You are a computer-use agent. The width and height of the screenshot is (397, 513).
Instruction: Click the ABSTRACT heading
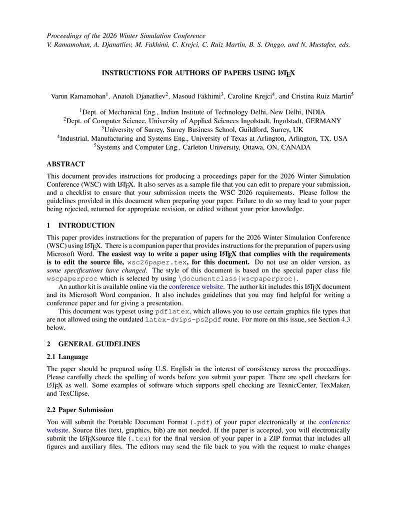pos(65,164)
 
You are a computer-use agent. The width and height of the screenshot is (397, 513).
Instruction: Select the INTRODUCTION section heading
pos(86,226)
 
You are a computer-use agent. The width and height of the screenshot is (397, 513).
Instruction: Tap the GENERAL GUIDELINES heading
pos(99,344)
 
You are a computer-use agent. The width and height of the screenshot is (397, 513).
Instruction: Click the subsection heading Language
pos(73,357)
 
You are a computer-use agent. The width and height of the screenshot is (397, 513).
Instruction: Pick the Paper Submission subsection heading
pos(85,410)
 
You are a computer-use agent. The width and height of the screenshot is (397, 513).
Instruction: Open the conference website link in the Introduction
pos(196,287)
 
